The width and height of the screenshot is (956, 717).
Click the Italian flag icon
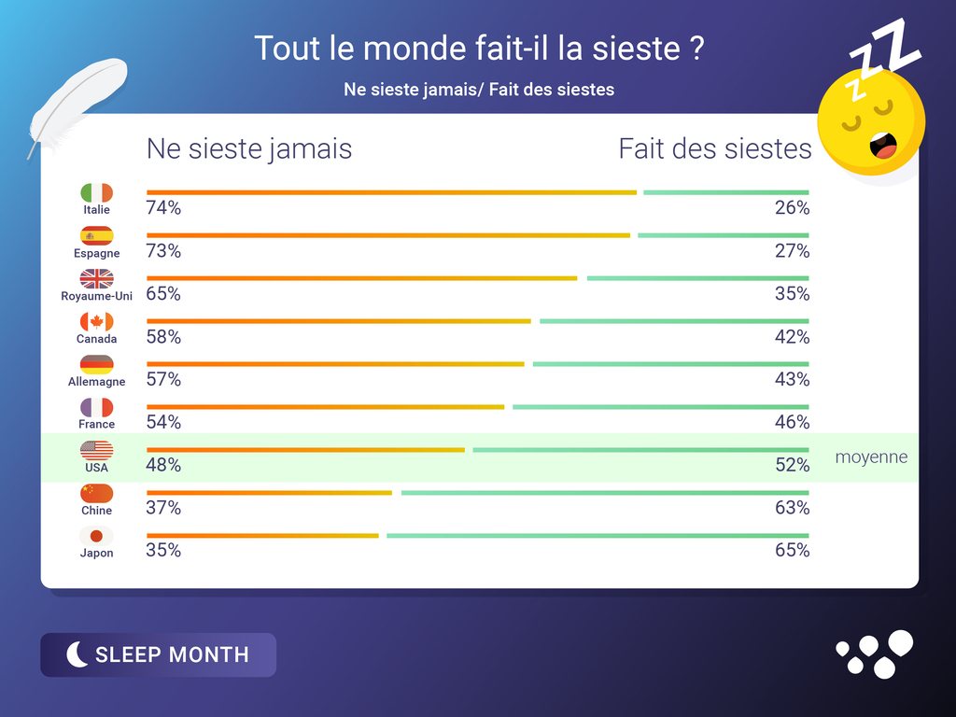tap(96, 192)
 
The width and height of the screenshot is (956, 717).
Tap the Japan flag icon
tap(96, 536)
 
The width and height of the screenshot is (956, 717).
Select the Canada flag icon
tap(96, 321)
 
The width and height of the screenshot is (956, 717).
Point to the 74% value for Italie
tap(163, 208)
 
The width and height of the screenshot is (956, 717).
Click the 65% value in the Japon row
tap(792, 550)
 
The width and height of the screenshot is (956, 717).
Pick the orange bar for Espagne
tap(388, 235)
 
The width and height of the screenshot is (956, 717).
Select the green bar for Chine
tap(605, 493)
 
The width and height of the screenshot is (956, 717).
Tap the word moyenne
tap(871, 457)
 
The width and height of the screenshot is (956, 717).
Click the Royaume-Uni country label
tap(96, 296)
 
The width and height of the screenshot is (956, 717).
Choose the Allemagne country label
tap(96, 382)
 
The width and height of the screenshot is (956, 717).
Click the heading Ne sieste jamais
tap(249, 148)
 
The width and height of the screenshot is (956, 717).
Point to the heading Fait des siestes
tap(715, 148)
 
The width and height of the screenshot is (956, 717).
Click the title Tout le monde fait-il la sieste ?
tap(478, 49)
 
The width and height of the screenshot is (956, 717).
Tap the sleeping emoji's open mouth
tap(883, 146)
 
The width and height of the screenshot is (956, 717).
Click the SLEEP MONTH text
tap(172, 654)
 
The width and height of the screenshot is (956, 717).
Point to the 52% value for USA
tap(792, 465)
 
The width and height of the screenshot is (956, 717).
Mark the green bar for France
tap(660, 407)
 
